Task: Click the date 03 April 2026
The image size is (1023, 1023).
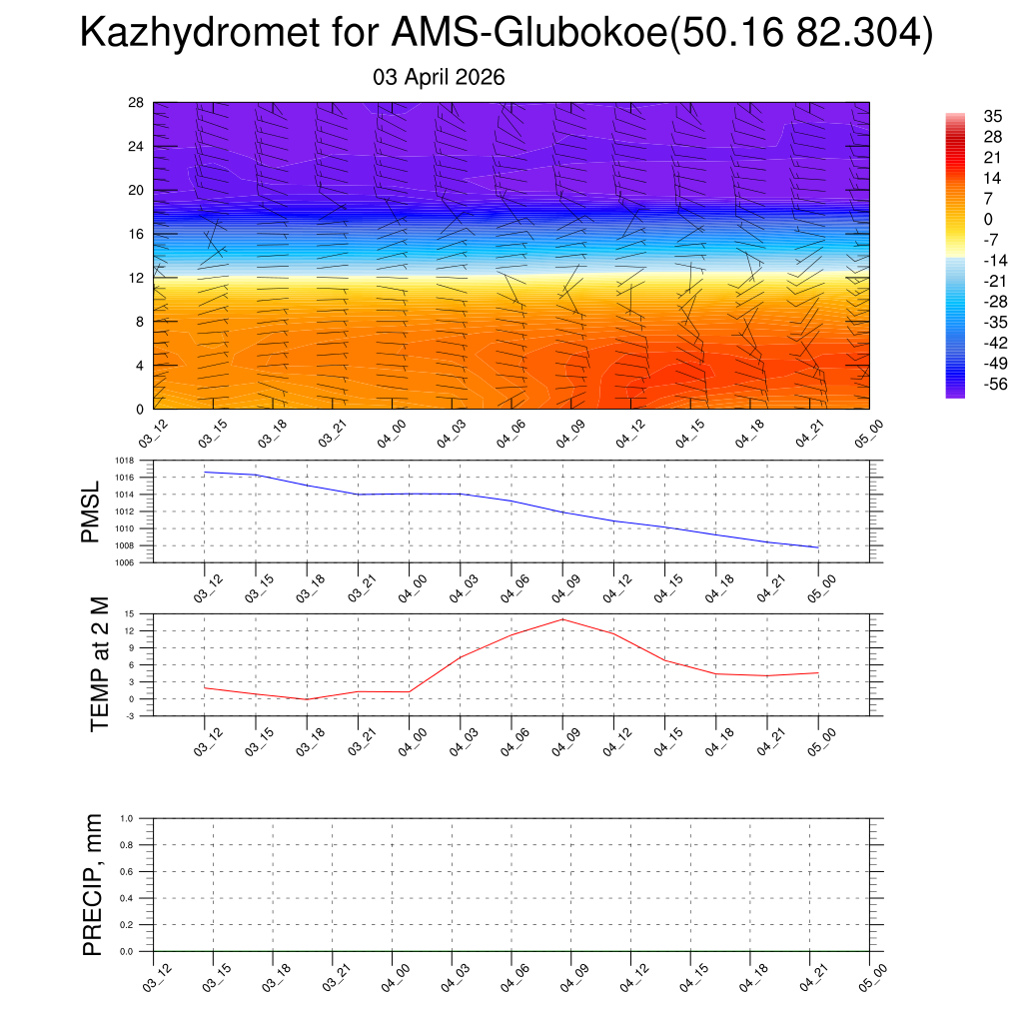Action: pyautogui.click(x=439, y=77)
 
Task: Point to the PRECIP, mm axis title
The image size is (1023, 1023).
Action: pyautogui.click(x=93, y=885)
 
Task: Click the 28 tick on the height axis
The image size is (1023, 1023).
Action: pyautogui.click(x=137, y=102)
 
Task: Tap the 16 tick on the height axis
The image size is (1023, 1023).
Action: pyautogui.click(x=137, y=234)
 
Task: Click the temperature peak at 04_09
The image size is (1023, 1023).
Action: pyautogui.click(x=562, y=619)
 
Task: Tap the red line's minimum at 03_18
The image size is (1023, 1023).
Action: pyautogui.click(x=308, y=699)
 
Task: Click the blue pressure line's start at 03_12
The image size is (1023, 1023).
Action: pyautogui.click(x=205, y=472)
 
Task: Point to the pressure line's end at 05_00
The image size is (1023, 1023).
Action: pyautogui.click(x=818, y=547)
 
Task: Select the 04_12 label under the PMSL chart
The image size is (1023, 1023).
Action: pyautogui.click(x=616, y=589)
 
